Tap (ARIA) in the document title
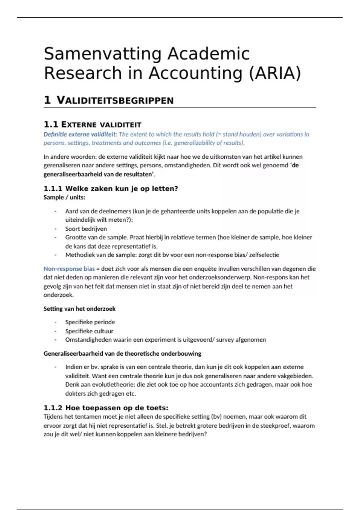pos(275,73)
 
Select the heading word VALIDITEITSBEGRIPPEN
pos(115,100)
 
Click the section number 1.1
pos(51,124)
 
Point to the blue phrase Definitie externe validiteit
pos(79,134)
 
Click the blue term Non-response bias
pos(69,269)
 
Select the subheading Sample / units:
pos(64,197)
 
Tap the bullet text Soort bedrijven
pos(86,229)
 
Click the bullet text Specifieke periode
pos(90,322)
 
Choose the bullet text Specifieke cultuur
pos(89,331)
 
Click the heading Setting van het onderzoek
pos(79,309)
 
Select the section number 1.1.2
pos(53,408)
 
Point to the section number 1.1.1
pos(53,189)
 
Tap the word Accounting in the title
pos(195,73)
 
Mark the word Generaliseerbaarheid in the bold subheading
pos(73,353)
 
